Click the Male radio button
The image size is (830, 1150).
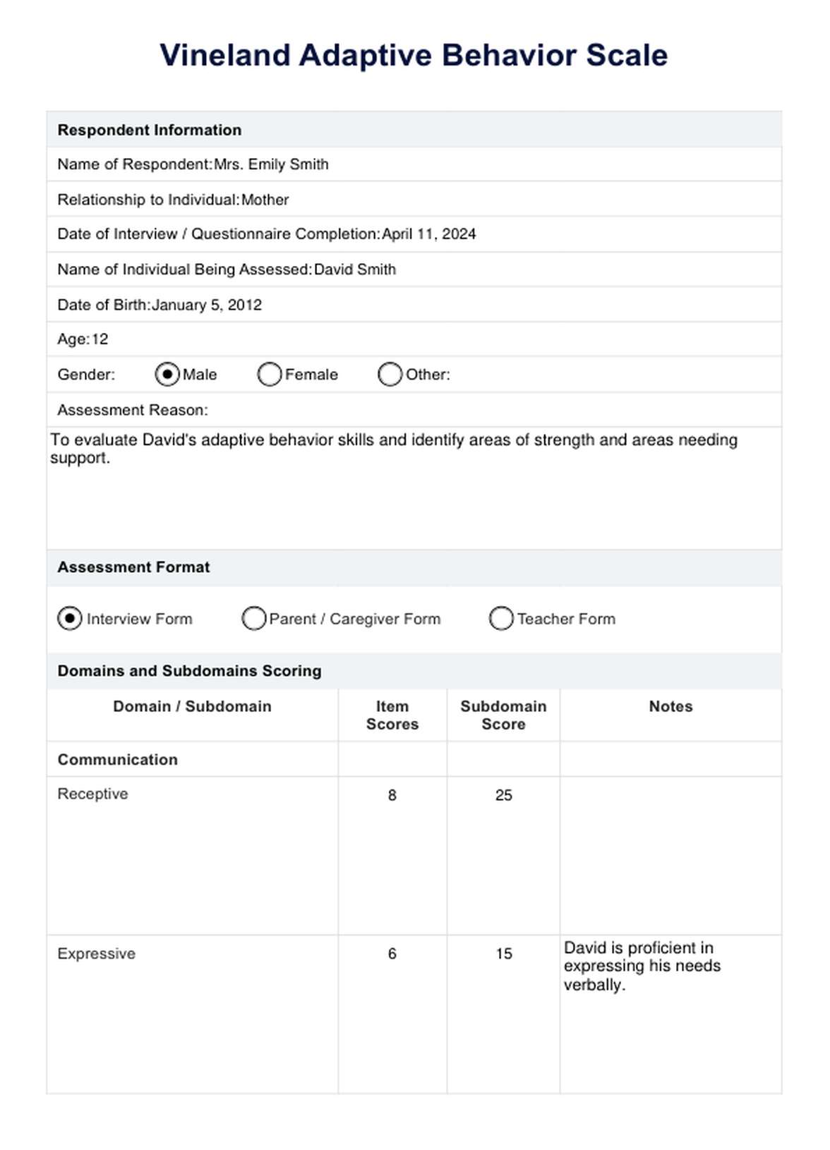pos(167,375)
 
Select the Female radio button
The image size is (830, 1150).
pos(270,375)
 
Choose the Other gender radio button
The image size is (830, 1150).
pos(390,375)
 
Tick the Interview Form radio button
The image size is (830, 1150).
pos(70,619)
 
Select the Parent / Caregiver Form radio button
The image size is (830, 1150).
pos(253,619)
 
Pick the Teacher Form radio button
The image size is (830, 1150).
pos(501,619)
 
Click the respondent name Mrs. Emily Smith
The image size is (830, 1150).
pos(272,164)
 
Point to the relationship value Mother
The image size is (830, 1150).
pos(265,200)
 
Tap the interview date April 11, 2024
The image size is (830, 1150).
pos(429,234)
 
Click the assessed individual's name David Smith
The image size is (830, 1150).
pos(355,270)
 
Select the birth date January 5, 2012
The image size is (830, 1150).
pos(207,305)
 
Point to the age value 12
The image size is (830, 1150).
pos(100,339)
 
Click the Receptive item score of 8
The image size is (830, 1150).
pos(392,795)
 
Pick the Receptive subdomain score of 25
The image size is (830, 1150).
pos(503,795)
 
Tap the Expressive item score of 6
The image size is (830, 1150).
pos(392,954)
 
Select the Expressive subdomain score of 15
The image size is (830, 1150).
pos(503,954)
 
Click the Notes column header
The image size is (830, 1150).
pos(670,706)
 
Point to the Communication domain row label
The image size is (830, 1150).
pos(118,760)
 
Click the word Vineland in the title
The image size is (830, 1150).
pos(225,55)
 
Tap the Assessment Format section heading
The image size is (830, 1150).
pos(134,567)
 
